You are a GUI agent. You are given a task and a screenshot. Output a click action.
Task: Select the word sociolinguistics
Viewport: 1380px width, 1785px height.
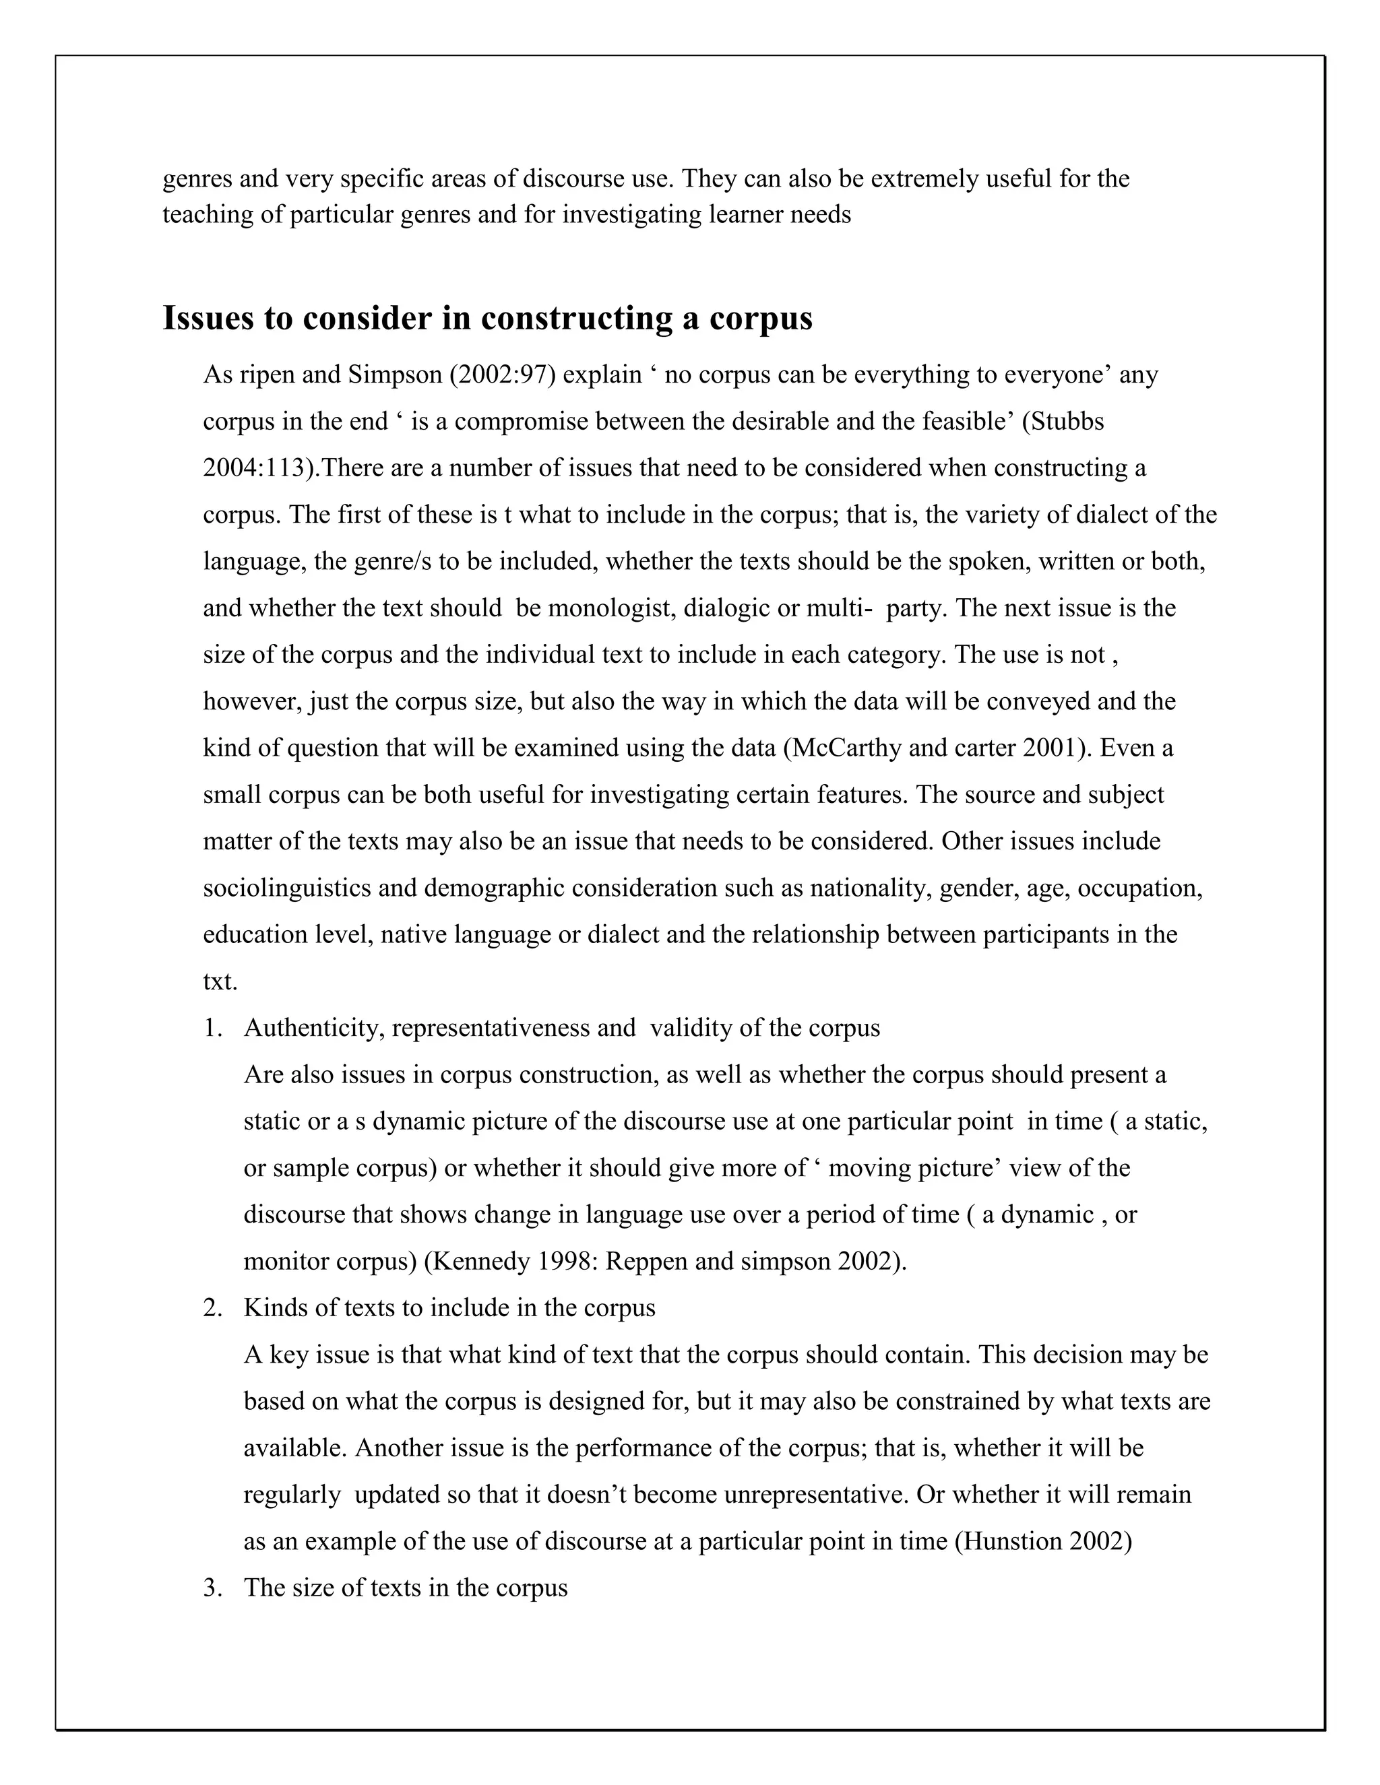point(287,888)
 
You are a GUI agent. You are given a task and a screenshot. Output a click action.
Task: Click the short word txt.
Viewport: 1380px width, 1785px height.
point(219,981)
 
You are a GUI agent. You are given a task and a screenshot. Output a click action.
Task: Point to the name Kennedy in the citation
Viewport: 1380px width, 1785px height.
point(480,1261)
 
